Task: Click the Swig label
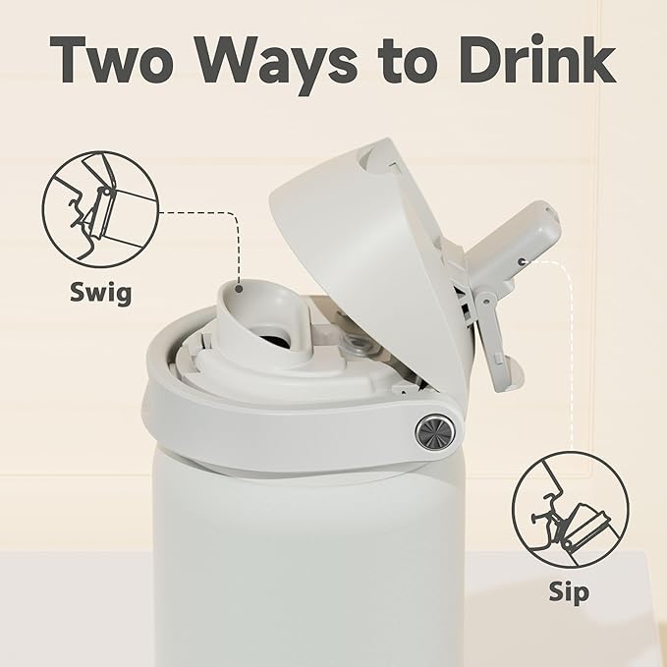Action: tap(101, 293)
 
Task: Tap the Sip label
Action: tap(569, 593)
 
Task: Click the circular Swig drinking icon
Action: tap(100, 209)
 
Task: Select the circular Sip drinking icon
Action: tap(570, 511)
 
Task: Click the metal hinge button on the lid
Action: tap(435, 431)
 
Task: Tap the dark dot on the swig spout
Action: tap(239, 289)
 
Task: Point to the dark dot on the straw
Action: tap(525, 260)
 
